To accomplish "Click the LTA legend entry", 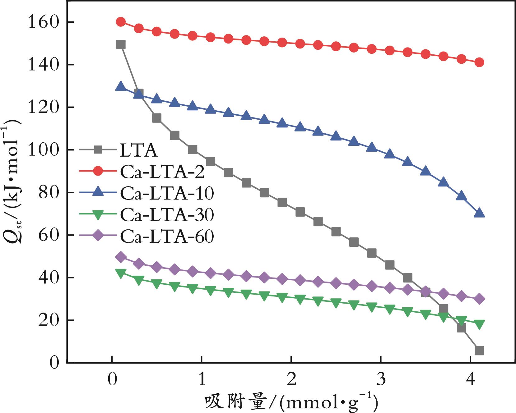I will point(138,150).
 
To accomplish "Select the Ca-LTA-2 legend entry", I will point(162,172).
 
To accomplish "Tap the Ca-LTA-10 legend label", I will point(167,193).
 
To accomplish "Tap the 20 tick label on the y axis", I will point(48,320).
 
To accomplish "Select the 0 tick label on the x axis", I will point(112,380).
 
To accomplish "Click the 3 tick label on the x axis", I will point(381,380).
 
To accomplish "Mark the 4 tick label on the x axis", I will point(471,380).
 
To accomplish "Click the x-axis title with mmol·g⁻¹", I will point(291,403).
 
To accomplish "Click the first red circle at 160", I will point(121,22).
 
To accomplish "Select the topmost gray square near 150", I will point(121,45).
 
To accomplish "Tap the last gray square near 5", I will point(479,351).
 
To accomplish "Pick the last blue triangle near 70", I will point(479,213).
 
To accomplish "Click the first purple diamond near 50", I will point(121,257).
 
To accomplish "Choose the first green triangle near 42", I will point(121,273).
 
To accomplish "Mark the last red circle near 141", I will point(479,62).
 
